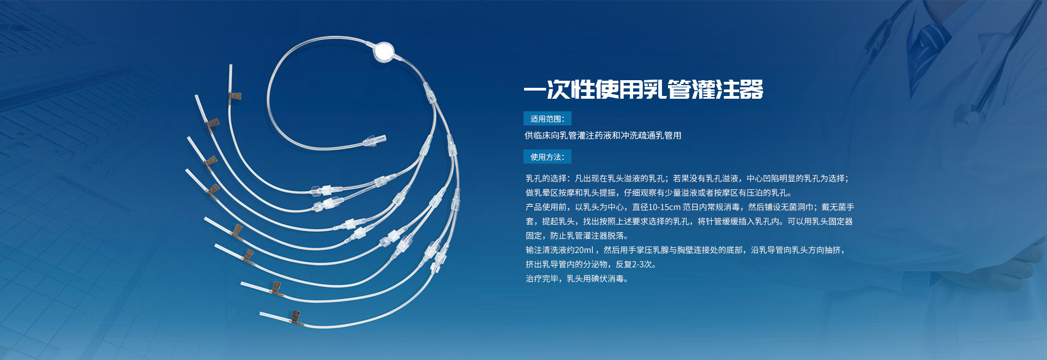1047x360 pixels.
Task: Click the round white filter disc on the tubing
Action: tap(384, 51)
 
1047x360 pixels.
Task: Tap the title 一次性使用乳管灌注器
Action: tap(643, 89)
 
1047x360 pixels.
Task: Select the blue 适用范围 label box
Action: tap(547, 118)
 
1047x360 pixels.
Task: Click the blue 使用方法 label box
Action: tap(547, 157)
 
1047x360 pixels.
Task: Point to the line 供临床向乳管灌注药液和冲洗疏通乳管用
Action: tap(603, 135)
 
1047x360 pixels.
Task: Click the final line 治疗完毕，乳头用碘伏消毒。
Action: tap(577, 279)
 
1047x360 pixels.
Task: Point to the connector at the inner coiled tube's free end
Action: tap(375, 141)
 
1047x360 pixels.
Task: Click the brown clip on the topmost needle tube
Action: tap(235, 97)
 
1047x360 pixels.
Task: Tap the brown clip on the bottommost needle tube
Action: tap(294, 316)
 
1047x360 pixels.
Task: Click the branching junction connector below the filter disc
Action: tap(430, 92)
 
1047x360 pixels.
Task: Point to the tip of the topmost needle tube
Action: tap(231, 65)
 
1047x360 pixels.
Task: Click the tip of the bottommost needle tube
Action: tap(261, 314)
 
